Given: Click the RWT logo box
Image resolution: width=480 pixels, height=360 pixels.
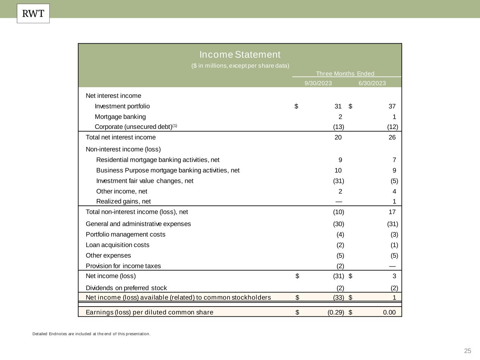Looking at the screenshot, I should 33,14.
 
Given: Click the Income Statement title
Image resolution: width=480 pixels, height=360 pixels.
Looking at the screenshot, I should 240,54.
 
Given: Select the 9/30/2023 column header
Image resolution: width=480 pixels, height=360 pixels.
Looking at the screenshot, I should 318,83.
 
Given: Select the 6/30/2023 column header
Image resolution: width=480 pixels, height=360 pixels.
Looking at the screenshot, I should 372,83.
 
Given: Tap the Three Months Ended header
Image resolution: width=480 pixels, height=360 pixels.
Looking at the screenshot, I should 345,73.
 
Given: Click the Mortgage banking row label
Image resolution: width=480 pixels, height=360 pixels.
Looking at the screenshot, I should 120,117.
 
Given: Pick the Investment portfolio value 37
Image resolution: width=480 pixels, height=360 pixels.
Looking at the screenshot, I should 392,106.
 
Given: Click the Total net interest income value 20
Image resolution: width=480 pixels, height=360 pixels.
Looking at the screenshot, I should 338,137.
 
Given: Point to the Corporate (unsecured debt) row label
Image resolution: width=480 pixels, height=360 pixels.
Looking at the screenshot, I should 133,127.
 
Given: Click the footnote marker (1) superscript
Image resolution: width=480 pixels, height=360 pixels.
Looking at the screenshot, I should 175,126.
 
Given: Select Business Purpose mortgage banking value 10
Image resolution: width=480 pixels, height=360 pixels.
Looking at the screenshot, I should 338,171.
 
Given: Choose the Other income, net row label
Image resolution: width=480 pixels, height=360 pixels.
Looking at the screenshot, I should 122,192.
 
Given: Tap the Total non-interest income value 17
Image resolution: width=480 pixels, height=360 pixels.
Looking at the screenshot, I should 392,212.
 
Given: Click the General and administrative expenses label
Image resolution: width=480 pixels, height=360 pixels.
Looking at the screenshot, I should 138,224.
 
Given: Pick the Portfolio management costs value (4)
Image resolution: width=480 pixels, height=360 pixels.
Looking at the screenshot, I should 340,234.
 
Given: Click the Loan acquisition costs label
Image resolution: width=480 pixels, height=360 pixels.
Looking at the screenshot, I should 117,245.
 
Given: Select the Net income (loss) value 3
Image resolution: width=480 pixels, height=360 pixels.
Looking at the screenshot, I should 394,276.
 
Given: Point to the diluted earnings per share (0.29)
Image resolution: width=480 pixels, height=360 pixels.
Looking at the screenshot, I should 335,313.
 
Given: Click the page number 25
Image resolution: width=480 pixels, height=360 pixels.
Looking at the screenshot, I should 467,351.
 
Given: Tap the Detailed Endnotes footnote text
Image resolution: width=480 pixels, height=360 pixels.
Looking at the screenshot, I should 91,334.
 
